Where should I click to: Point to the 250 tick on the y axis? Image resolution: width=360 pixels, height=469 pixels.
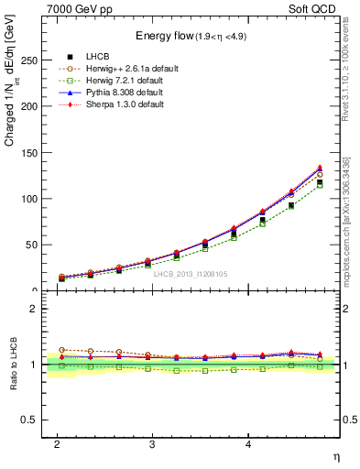32,60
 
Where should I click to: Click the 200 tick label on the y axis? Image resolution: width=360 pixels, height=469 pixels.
32,106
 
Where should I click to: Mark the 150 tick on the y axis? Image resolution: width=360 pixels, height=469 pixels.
32,152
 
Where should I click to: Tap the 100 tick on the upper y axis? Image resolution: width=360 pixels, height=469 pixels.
32,199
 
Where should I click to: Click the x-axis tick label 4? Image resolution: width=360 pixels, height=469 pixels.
248,444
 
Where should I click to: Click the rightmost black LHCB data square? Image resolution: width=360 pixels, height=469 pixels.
320,182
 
